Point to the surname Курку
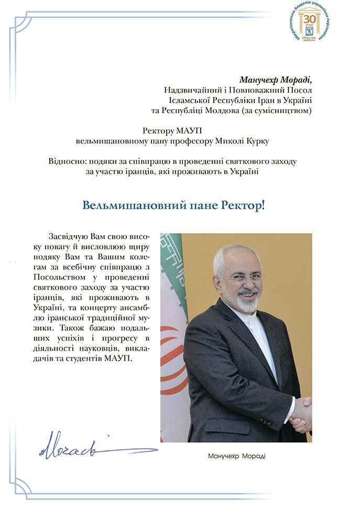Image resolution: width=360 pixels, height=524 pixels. pos(274,140)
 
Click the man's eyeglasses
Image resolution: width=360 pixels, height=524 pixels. pos(243,277)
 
